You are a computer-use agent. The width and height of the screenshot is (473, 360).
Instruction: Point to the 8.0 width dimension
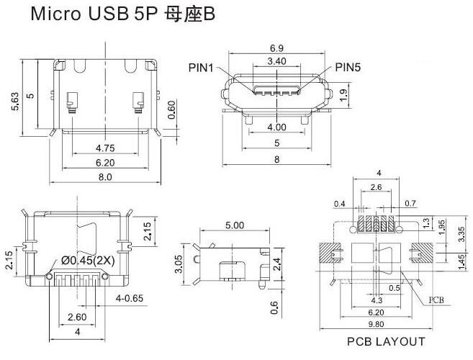pos(105,177)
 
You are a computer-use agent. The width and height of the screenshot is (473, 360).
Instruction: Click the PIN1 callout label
pos(201,68)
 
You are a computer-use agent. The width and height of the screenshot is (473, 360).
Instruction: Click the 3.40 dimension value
pos(278,61)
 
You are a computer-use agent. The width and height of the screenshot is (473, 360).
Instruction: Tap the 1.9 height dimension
pos(343,93)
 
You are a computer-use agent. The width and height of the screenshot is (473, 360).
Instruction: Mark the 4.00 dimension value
pos(277,127)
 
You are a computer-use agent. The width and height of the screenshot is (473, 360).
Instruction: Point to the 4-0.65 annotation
pos(130,297)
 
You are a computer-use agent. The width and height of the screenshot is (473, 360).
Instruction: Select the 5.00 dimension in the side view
pos(234,225)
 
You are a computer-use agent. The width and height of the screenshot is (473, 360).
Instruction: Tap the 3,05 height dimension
pos(178,264)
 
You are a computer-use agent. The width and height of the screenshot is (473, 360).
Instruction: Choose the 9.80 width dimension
pos(376,325)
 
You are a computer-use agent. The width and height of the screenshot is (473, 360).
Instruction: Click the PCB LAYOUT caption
pos(386,342)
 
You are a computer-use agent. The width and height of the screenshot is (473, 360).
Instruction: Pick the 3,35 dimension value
pos(461,235)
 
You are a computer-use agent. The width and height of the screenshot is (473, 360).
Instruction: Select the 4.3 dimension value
pos(377,300)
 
